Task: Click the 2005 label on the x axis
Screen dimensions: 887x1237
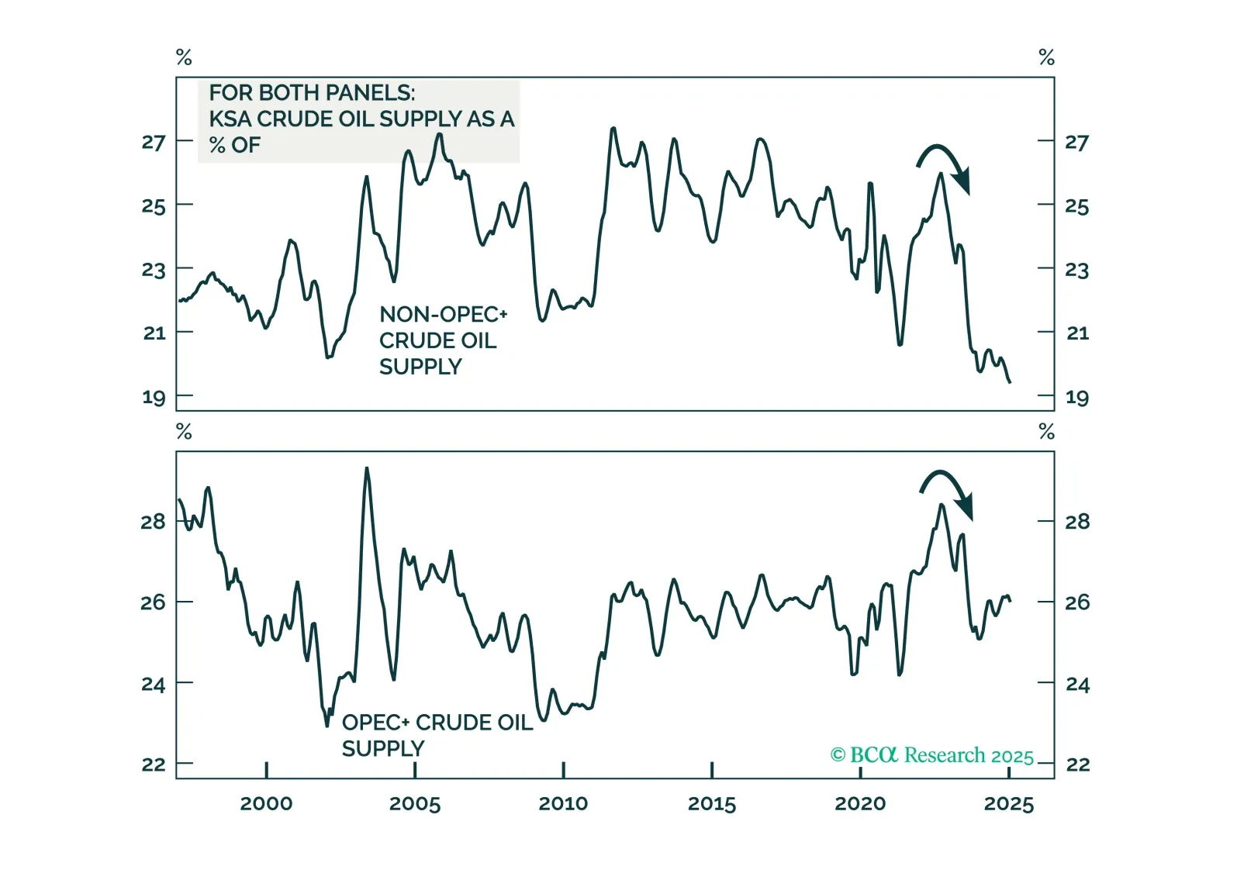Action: pos(414,803)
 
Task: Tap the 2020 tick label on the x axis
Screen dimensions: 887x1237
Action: pos(860,803)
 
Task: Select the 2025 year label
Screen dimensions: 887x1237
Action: pos(1008,803)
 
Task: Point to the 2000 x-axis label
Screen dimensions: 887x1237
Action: pos(266,803)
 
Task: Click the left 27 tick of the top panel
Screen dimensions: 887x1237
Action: pos(154,142)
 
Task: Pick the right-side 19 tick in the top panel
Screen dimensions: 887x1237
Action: pos(1076,398)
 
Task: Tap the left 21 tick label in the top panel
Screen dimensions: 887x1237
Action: pos(154,333)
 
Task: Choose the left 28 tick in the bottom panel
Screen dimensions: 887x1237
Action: pos(153,522)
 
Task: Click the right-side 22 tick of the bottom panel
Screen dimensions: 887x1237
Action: pos(1077,764)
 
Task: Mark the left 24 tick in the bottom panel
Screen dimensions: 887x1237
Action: pos(153,685)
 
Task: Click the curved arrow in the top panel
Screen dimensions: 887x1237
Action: pos(944,164)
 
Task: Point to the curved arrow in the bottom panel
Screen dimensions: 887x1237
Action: pos(947,491)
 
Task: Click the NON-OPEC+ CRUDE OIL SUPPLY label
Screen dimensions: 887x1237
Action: pos(442,340)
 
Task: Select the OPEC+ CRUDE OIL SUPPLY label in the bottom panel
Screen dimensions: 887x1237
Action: pos(437,735)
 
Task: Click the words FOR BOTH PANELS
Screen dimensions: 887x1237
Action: pos(312,93)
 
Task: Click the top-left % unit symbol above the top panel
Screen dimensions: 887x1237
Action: pos(184,57)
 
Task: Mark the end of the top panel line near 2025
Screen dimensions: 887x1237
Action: pos(1010,381)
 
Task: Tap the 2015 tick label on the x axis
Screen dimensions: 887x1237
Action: pos(711,803)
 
